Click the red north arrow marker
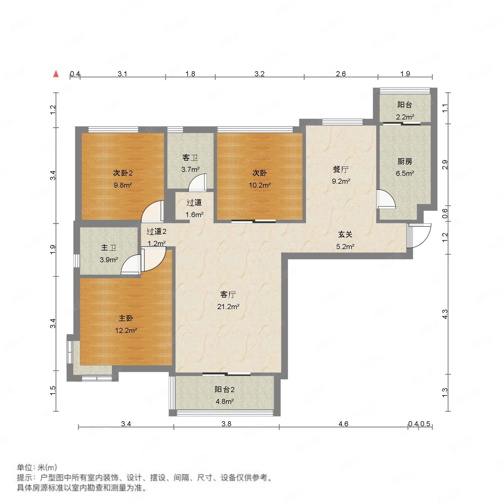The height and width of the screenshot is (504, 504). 56,74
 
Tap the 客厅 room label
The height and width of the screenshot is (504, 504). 228,294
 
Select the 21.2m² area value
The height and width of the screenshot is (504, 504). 228,307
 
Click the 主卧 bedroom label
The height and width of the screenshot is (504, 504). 126,318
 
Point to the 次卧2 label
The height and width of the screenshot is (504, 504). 123,173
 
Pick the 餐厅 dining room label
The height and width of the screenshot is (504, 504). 341,169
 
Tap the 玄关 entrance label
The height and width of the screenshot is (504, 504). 345,234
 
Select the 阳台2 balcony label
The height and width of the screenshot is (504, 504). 225,389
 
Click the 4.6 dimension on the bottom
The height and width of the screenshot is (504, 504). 343,424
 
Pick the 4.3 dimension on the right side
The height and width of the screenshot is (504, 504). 445,314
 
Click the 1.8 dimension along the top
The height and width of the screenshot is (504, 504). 190,74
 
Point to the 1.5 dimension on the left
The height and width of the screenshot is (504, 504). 53,391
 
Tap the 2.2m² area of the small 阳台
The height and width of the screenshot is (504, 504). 405,117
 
